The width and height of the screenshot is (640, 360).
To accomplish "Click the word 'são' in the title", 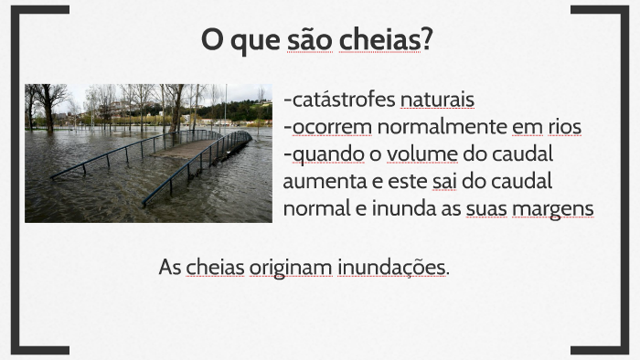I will tap(309, 40).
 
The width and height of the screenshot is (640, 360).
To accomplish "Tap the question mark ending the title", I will tap(426, 40).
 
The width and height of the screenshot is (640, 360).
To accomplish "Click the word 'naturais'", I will tap(437, 99).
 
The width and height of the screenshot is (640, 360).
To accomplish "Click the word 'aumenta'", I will tap(321, 180).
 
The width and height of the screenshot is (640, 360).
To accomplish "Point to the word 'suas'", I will tap(486, 207).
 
